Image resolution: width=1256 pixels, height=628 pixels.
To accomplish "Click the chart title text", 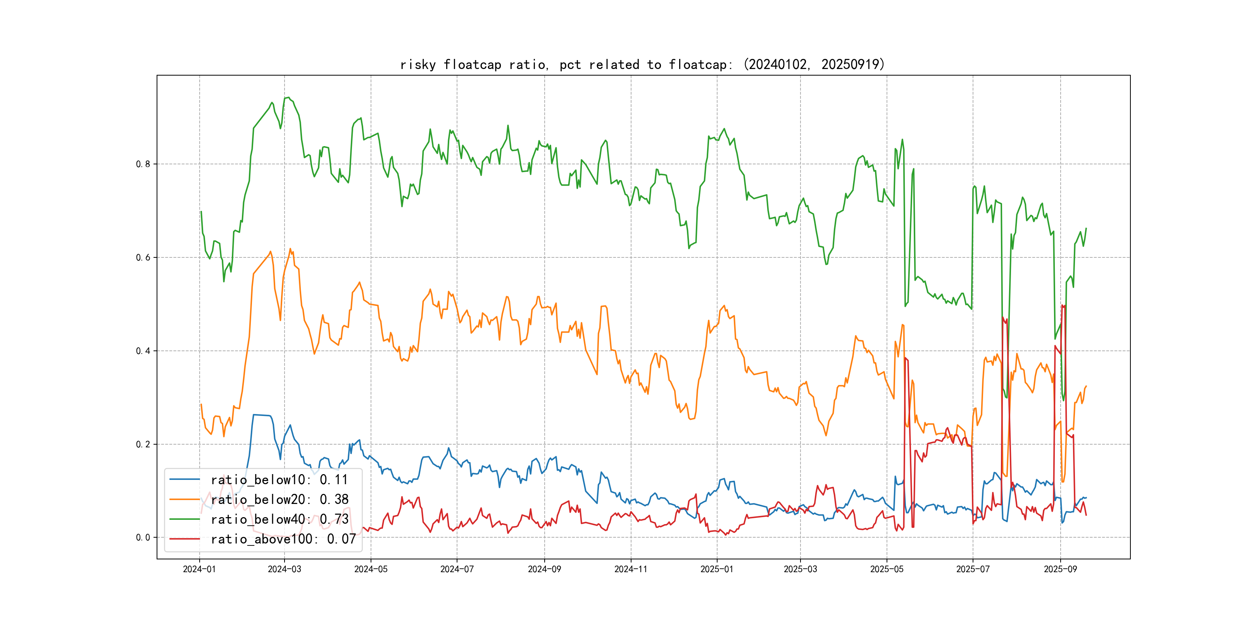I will click(x=642, y=64).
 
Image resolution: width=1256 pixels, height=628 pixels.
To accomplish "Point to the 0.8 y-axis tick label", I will click(x=143, y=164).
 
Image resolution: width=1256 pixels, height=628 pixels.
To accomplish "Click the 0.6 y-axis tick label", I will click(x=143, y=257).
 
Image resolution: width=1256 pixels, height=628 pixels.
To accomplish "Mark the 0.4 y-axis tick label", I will click(x=143, y=351).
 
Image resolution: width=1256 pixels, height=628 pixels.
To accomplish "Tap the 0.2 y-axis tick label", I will click(x=143, y=444).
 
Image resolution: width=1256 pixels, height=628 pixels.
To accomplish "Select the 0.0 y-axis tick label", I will click(x=143, y=538).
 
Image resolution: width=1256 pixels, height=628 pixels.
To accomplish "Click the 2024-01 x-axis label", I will click(x=199, y=569).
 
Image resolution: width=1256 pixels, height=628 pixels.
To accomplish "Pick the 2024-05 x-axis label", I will click(x=371, y=569).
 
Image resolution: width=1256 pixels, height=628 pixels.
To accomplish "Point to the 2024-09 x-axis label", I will click(x=544, y=569).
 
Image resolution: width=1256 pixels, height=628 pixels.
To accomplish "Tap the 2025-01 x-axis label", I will click(x=717, y=569).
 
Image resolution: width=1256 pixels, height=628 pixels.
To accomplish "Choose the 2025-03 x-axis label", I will click(x=800, y=569).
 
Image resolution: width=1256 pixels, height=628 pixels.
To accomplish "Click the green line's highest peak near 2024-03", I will click(x=288, y=98).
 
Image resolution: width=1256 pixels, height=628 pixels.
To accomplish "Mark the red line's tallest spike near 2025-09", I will click(x=1063, y=305).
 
